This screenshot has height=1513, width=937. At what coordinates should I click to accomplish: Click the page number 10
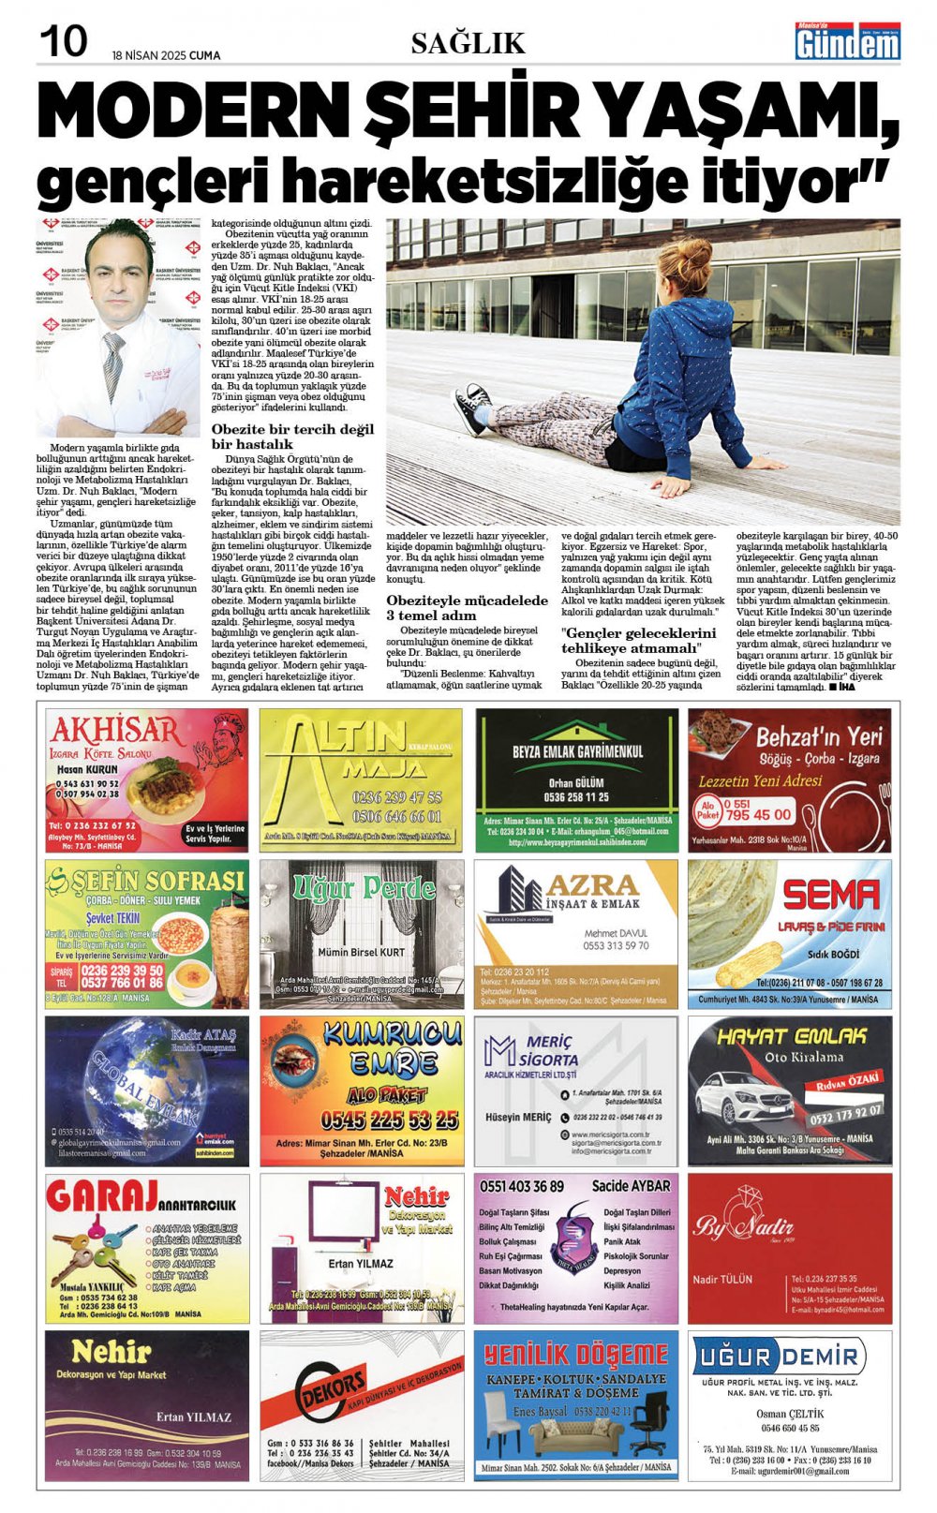click(x=64, y=40)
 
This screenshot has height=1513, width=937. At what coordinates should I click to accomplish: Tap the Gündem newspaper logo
click(x=847, y=42)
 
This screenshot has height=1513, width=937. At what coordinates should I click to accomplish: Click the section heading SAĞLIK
click(x=468, y=43)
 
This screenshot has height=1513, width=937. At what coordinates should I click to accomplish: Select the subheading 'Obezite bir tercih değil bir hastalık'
click(x=292, y=437)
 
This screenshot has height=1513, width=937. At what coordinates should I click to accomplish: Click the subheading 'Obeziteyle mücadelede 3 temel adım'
click(x=467, y=607)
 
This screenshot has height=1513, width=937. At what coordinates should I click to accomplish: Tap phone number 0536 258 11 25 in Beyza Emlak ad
click(x=576, y=797)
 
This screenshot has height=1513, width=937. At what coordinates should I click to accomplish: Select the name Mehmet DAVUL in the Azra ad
click(x=616, y=933)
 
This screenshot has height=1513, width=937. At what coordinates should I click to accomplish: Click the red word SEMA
click(x=831, y=897)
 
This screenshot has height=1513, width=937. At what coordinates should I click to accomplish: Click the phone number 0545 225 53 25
click(x=389, y=1120)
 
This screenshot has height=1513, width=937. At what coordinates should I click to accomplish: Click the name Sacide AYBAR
click(x=631, y=1186)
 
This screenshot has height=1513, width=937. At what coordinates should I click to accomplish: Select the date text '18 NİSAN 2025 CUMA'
click(x=166, y=55)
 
